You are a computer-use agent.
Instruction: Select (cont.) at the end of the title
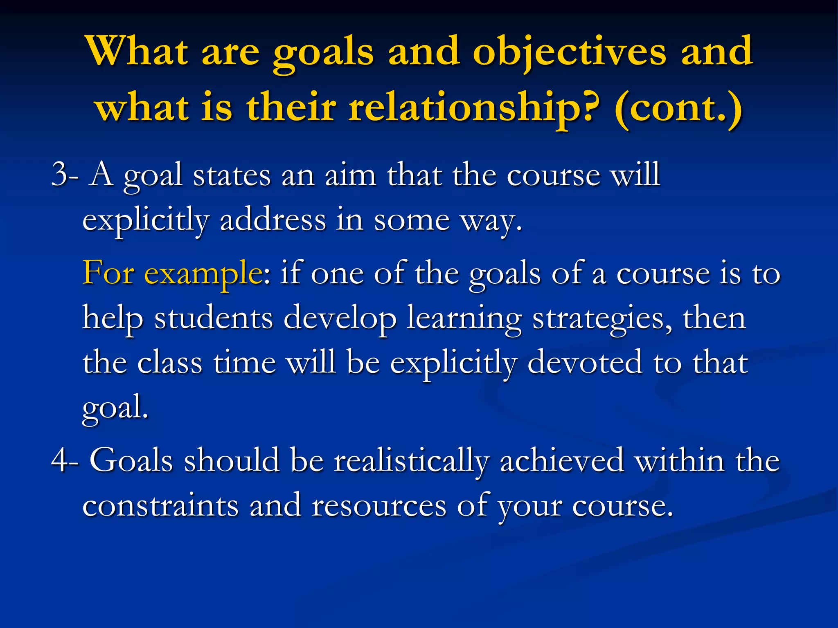(x=678, y=109)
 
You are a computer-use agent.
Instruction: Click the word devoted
(x=584, y=362)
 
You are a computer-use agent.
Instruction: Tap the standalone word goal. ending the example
(x=115, y=408)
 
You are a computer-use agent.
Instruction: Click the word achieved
(x=561, y=460)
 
